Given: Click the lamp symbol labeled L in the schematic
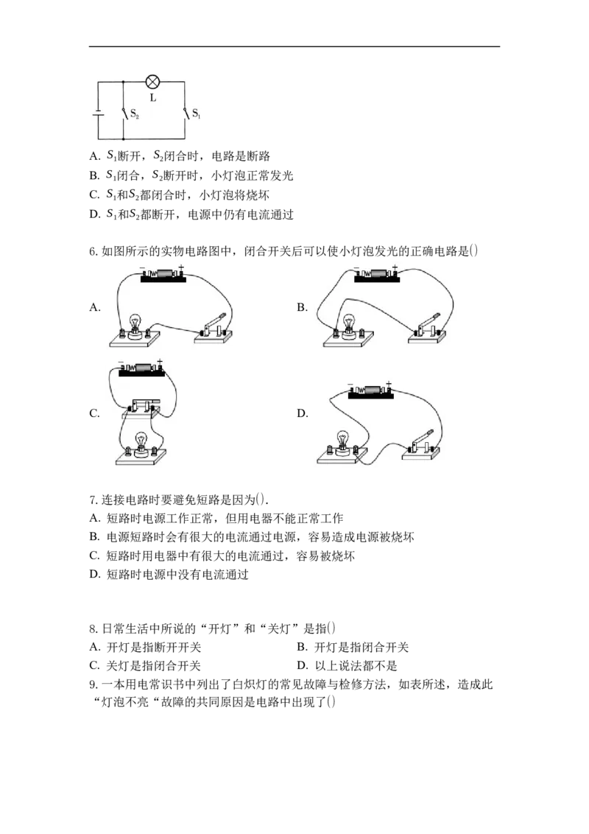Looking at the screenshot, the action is click(x=153, y=82).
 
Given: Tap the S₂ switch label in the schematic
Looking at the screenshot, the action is click(x=135, y=113).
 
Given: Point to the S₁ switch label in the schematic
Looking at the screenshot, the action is click(x=196, y=113).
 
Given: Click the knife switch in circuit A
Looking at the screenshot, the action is click(x=214, y=328).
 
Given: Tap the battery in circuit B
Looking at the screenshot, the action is click(x=377, y=275).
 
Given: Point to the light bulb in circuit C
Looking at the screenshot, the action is click(x=141, y=444).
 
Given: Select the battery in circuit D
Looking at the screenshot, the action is click(x=370, y=392).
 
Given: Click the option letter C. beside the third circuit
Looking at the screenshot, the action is click(x=95, y=413).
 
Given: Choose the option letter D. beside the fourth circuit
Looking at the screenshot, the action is click(x=303, y=413).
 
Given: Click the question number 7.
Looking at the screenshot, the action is click(x=93, y=500).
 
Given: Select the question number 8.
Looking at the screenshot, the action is click(x=93, y=629).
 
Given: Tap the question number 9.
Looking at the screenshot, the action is click(x=93, y=684).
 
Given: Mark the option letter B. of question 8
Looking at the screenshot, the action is click(x=303, y=648).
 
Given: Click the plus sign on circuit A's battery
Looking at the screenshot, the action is click(x=181, y=267).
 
